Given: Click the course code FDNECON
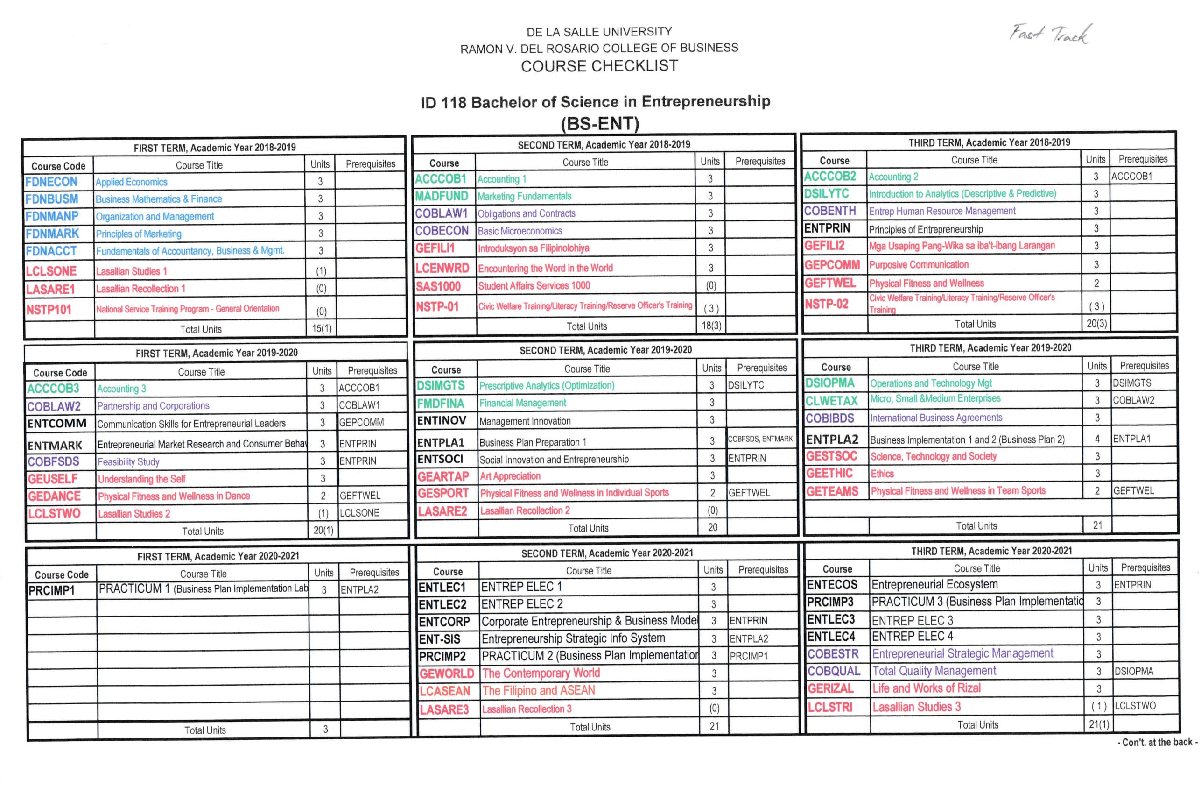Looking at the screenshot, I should pos(52,182).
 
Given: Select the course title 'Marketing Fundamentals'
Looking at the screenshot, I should pos(524,197).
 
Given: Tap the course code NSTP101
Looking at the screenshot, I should pos(49,309).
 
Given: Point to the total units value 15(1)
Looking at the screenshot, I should pos(322,329).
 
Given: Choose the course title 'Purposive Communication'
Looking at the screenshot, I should pos(919,265).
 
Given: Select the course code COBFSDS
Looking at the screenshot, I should pos(53,462).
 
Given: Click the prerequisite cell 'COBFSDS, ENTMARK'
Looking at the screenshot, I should pos(760,439).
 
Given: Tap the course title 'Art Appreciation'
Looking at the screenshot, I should pos(510,476).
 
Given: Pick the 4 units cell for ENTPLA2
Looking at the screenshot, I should pos(1097,439).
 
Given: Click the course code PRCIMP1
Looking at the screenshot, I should pos(52,590).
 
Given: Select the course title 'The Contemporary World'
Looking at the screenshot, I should pos(541,673).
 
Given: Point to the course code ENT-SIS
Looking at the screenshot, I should pos(439,639).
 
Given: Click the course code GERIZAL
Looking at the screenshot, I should pos(830,688).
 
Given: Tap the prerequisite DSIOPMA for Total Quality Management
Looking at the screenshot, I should pos(1134,672).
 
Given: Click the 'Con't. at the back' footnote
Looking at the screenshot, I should pos(1157,742).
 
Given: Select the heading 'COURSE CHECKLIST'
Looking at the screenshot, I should pos(599,66).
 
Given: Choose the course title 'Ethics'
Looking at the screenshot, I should pos(882,474).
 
